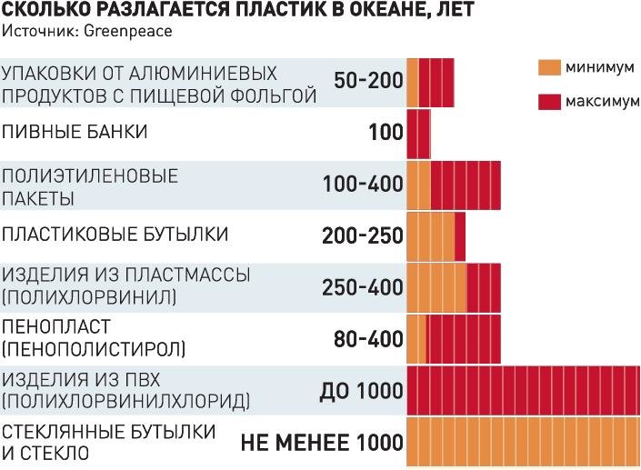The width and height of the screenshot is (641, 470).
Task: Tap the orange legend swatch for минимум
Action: tap(549, 67)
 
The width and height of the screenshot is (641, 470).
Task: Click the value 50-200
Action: tap(368, 81)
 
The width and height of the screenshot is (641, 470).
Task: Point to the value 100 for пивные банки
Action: tap(386, 133)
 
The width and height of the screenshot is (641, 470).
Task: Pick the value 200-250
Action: tap(362, 236)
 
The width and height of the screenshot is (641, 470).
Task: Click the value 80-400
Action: tap(368, 339)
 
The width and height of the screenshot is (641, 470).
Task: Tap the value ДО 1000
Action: tap(361, 392)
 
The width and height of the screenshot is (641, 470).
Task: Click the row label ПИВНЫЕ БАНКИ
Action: tap(75, 133)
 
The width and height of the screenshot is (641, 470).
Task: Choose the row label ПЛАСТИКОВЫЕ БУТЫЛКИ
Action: tap(115, 235)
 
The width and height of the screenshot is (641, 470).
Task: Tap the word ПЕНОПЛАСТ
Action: tap(56, 326)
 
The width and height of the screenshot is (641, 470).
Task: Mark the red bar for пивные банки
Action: tap(418, 133)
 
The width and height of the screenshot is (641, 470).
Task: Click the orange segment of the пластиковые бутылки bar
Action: tap(430, 236)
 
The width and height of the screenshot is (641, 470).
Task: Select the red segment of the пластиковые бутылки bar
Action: tap(460, 236)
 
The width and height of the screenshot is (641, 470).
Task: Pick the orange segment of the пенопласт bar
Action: tap(416, 339)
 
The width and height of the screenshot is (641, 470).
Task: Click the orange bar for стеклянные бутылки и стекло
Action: tap(523, 443)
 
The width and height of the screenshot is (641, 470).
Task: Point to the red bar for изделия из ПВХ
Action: tap(523, 392)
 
